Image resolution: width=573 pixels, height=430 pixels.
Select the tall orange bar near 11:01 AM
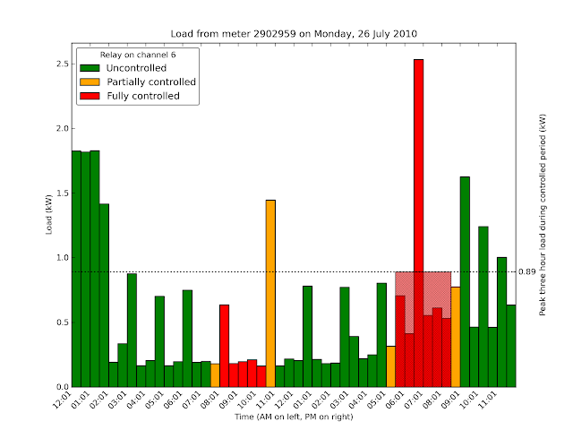pos(270,296)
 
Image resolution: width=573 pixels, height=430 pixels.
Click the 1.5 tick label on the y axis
pos(61,193)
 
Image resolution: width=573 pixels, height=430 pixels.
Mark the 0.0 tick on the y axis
pos(61,387)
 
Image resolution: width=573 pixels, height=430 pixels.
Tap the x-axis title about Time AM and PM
pos(295,417)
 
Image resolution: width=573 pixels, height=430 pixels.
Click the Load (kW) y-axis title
pos(49,219)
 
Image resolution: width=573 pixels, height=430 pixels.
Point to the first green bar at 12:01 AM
pos(76,269)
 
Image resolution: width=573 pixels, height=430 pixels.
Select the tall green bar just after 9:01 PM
pos(465,282)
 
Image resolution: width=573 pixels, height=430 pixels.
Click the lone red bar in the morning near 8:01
pos(224,346)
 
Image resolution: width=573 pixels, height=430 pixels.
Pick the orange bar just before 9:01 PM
pos(456,337)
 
